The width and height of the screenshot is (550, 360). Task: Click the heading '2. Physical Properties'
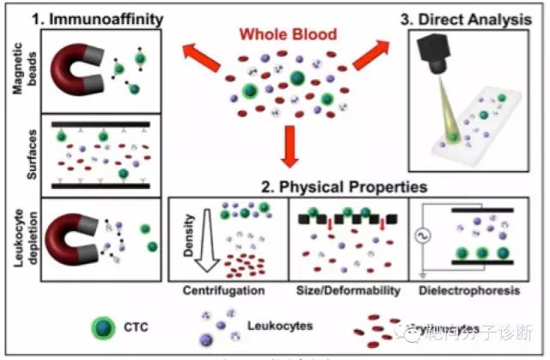[x=344, y=186]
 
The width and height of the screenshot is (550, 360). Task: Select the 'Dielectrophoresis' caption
[x=469, y=290]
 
